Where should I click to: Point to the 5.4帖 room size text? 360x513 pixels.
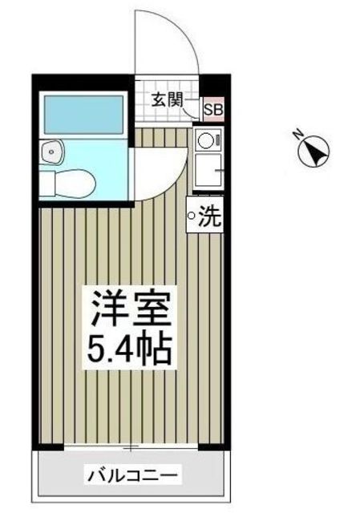tap(127, 349)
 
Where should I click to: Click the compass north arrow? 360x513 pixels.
tap(314, 151)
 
